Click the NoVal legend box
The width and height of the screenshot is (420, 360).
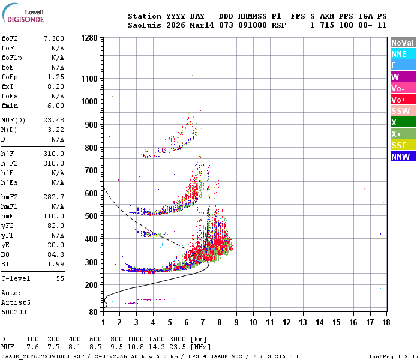point(403,43)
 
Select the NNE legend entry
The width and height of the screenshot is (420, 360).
point(403,54)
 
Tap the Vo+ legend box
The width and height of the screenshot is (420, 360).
point(403,100)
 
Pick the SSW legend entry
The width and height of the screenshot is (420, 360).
point(403,111)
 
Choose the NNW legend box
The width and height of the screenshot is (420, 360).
point(403,157)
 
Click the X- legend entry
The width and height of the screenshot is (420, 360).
point(403,122)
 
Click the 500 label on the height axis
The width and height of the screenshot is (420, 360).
point(91,216)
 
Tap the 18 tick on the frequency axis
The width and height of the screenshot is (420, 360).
point(386,322)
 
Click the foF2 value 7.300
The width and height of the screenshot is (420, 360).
point(53,38)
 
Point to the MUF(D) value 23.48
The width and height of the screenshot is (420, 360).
point(53,119)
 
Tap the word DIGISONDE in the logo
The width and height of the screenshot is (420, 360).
point(26,19)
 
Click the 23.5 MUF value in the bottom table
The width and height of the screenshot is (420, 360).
point(182,347)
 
